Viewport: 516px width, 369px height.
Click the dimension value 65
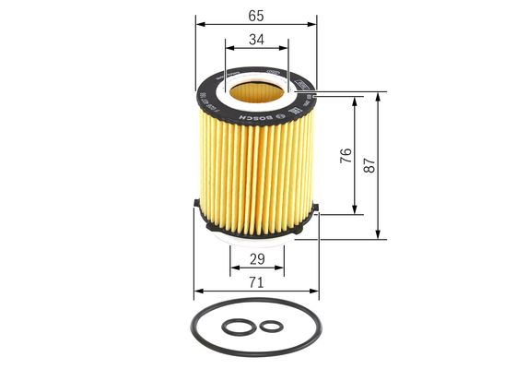coord(255,15)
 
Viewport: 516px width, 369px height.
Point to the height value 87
coord(369,165)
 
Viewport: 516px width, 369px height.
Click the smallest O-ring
coord(271,326)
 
